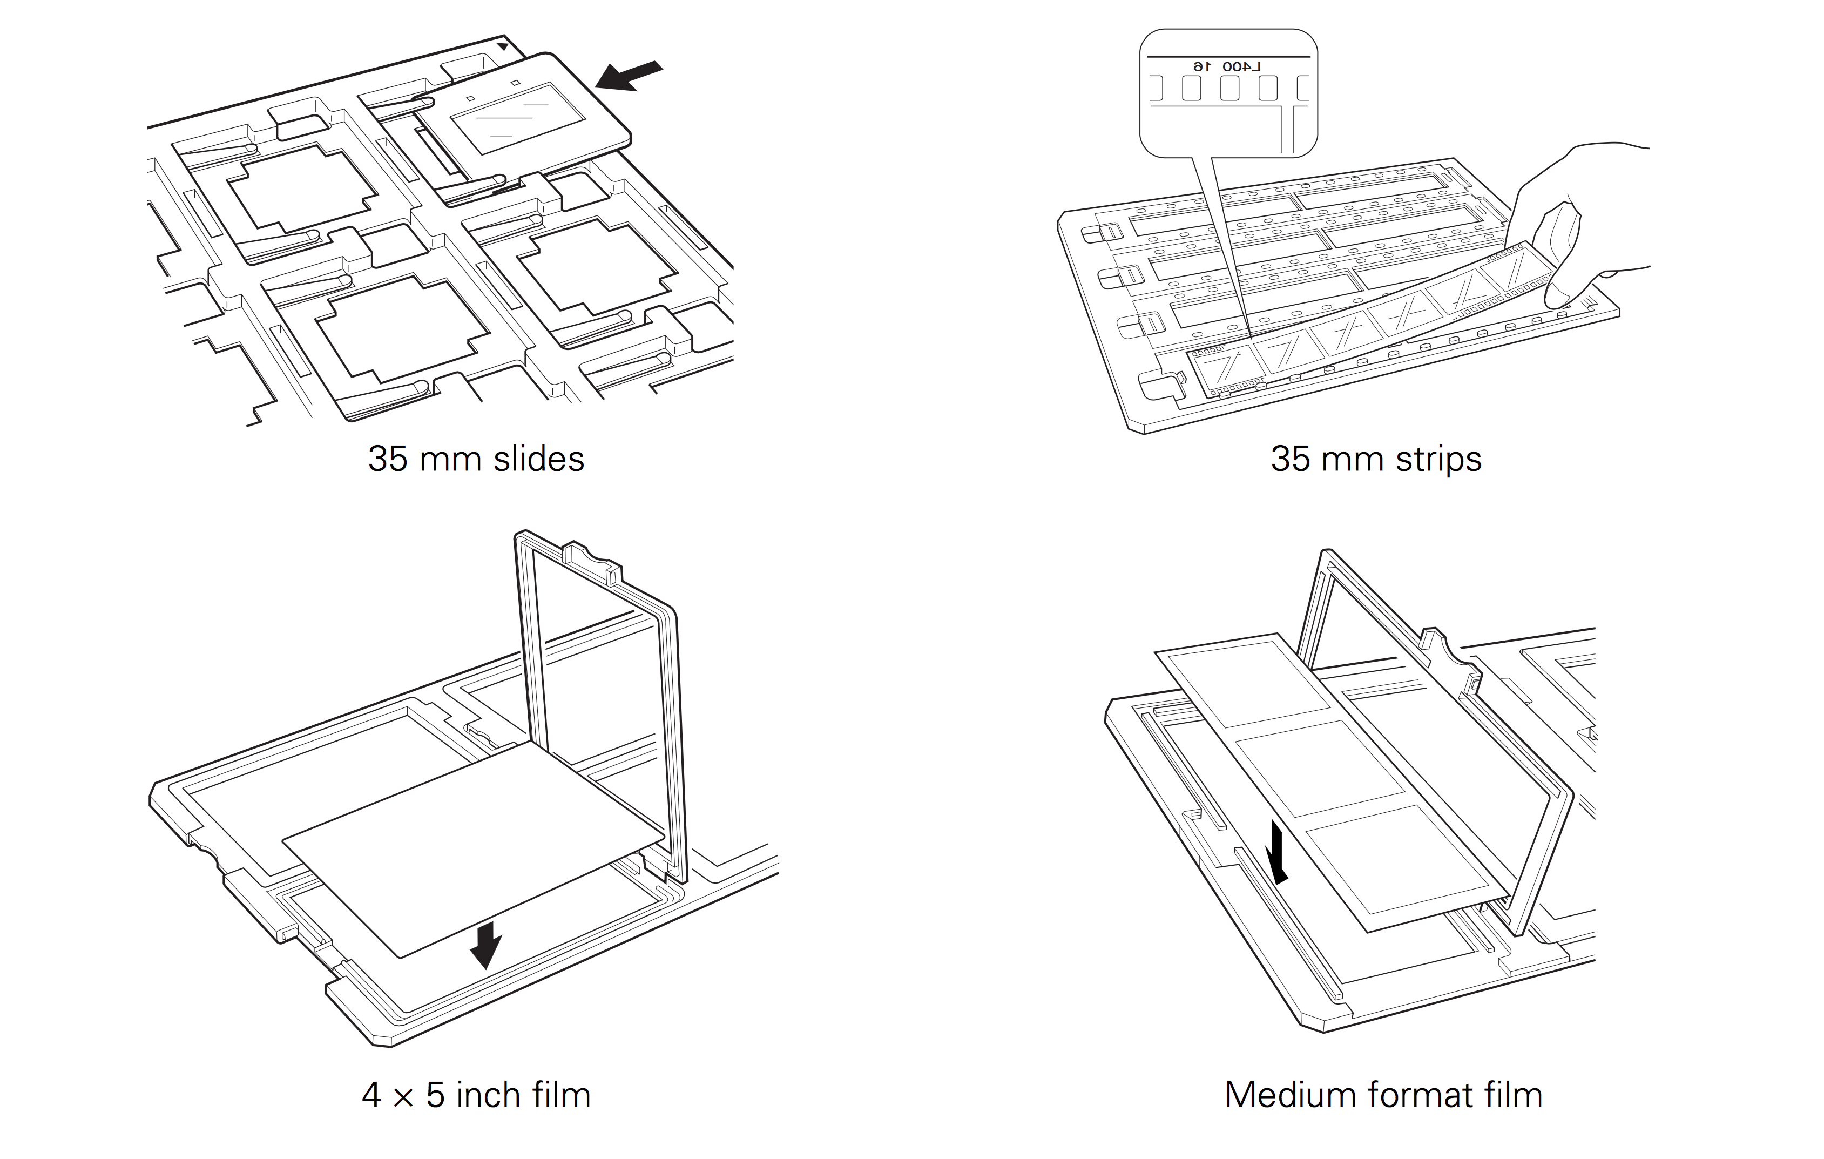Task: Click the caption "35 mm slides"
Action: pyautogui.click(x=476, y=459)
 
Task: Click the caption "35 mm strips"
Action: pyautogui.click(x=1376, y=459)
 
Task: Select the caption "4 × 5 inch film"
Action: pyautogui.click(x=476, y=1095)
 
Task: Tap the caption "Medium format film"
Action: pyautogui.click(x=1383, y=1095)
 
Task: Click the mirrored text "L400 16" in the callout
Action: pyautogui.click(x=1226, y=66)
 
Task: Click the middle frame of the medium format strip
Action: pyautogui.click(x=1320, y=769)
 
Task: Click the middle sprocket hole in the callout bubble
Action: pyautogui.click(x=1229, y=89)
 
